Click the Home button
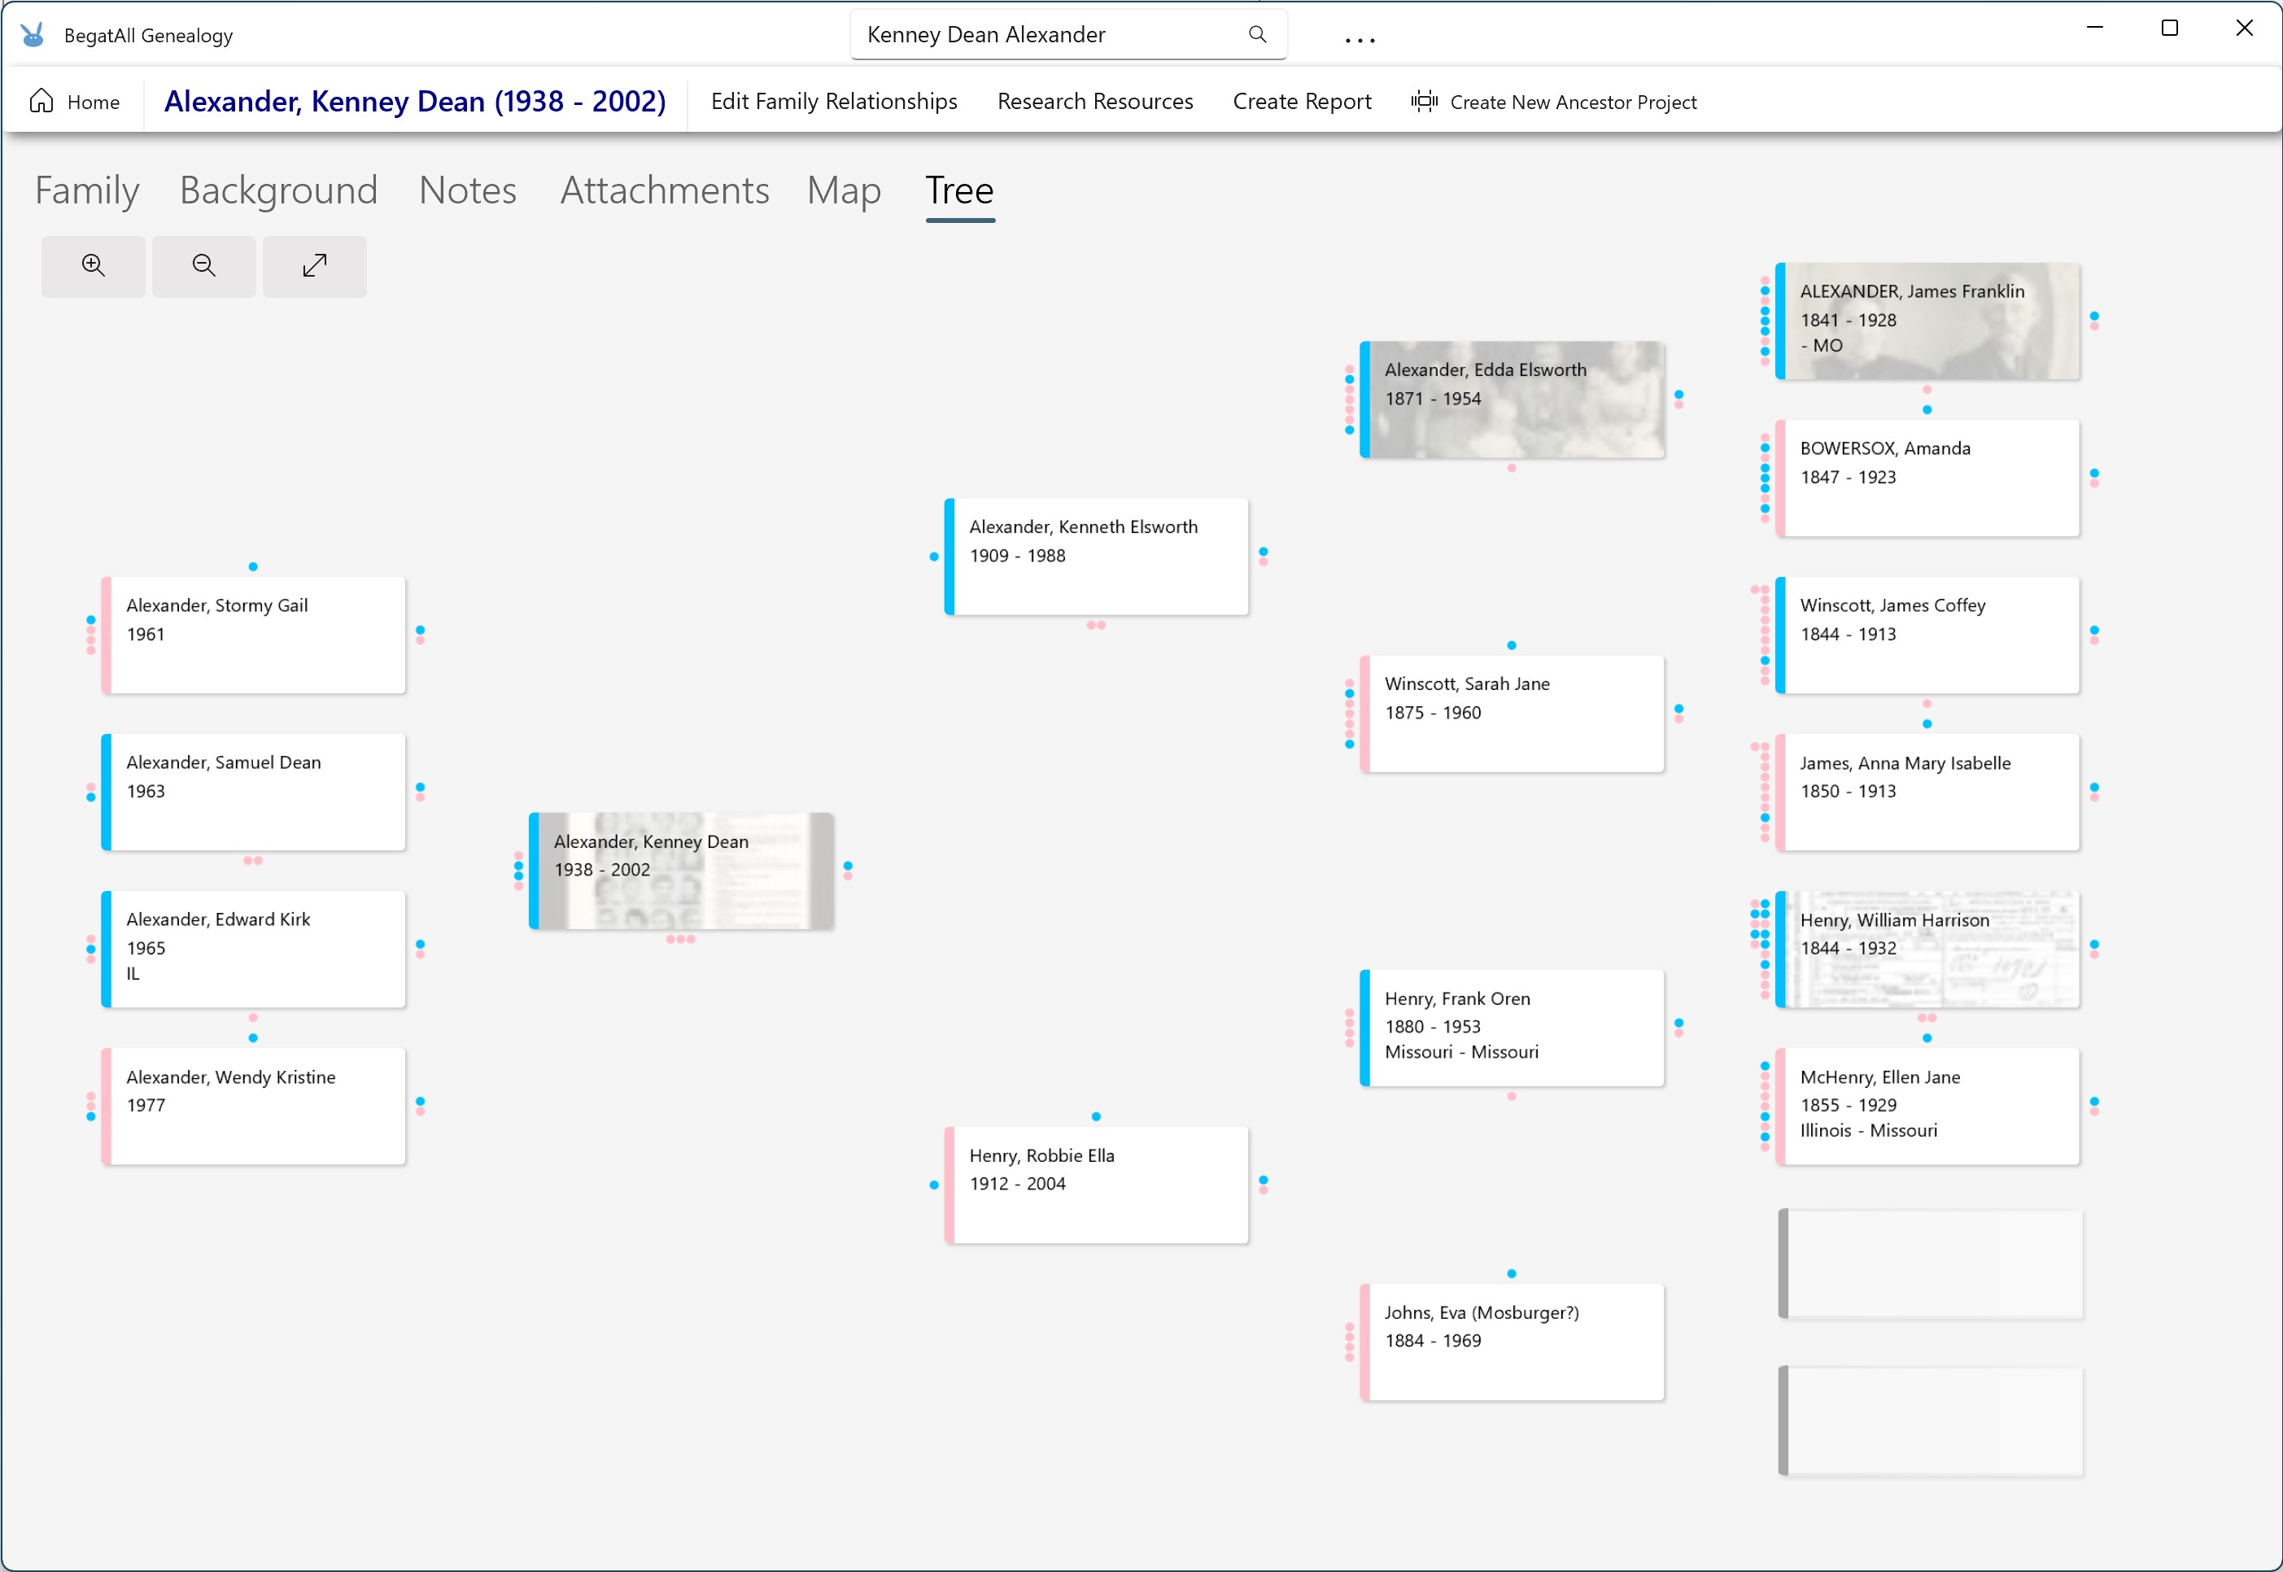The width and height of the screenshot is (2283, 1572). point(75,102)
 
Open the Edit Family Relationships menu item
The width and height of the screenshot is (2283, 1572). point(833,102)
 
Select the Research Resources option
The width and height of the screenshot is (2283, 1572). point(1094,102)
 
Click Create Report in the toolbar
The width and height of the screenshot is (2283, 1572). point(1301,102)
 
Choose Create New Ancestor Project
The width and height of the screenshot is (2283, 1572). point(1553,102)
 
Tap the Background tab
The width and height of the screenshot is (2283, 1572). point(279,190)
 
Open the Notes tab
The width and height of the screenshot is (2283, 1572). point(468,190)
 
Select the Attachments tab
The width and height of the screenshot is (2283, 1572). point(665,190)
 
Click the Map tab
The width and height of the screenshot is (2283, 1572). point(844,190)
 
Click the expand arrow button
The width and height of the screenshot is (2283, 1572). point(314,266)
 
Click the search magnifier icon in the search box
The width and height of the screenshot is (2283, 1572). point(1257,34)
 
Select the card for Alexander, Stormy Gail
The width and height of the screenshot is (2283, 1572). point(253,635)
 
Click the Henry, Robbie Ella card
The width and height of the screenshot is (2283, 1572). point(1096,1185)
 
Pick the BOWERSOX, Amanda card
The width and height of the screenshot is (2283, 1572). point(1927,478)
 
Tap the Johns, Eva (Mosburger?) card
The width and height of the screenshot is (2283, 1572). point(1512,1342)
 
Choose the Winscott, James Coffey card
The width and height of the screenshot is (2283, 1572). point(1927,635)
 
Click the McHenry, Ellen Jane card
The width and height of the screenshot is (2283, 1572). point(1927,1106)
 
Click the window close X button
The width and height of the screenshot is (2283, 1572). point(2244,28)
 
